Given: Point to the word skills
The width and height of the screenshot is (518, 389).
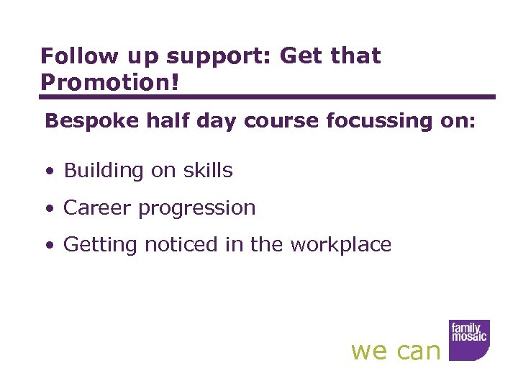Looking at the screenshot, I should point(206,171).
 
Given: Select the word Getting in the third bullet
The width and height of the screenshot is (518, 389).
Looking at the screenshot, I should point(100,246).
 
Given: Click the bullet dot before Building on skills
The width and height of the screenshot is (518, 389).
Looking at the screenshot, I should point(48,172).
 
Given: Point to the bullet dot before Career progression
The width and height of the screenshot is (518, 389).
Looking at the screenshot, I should point(48,210).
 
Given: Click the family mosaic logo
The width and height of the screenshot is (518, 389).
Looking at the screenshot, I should point(469,339).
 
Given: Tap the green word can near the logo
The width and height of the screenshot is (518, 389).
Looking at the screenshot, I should point(418,352).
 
